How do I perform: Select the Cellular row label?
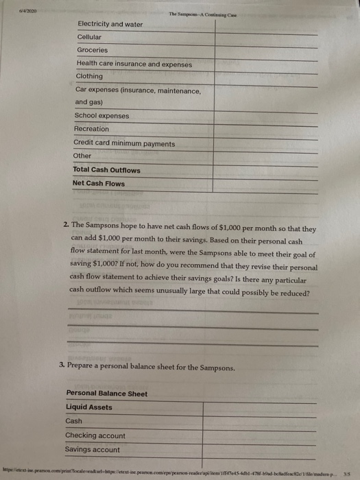pyautogui.click(x=88, y=37)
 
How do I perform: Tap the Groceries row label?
pyautogui.click(x=92, y=50)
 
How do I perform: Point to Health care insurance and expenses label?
pyautogui.click(x=134, y=64)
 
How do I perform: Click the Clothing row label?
pyautogui.click(x=89, y=76)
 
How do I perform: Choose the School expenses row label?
pyautogui.click(x=101, y=115)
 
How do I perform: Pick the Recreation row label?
pyautogui.click(x=91, y=129)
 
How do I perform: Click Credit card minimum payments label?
pyautogui.click(x=124, y=144)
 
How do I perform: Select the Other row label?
pyautogui.click(x=82, y=156)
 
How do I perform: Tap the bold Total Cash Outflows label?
pyautogui.click(x=106, y=170)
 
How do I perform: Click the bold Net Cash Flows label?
pyautogui.click(x=99, y=184)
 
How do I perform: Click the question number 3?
pyautogui.click(x=62, y=368)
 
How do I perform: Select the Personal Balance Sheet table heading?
pyautogui.click(x=106, y=393)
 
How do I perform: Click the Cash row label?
pyautogui.click(x=73, y=421)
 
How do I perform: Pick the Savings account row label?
pyautogui.click(x=92, y=450)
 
